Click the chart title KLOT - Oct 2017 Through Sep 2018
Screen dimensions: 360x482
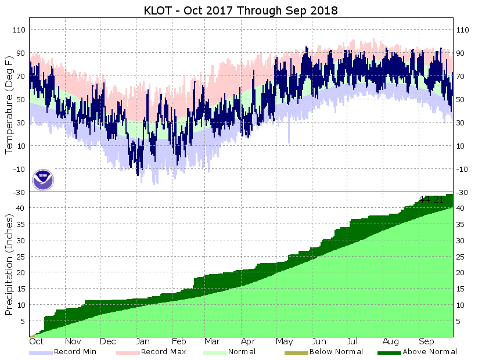pyautogui.click(x=240, y=10)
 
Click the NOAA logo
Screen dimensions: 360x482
pyautogui.click(x=42, y=179)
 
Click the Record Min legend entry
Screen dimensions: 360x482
pyautogui.click(x=75, y=352)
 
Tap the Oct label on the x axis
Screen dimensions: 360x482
pyautogui.click(x=37, y=342)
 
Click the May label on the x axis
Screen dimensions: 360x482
pyautogui.click(x=284, y=342)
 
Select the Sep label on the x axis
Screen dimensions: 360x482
pyautogui.click(x=426, y=342)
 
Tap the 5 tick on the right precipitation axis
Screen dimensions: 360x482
pyautogui.click(x=459, y=321)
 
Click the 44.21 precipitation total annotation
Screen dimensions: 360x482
pyautogui.click(x=431, y=200)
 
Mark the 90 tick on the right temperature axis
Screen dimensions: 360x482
pyautogui.click(x=462, y=53)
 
